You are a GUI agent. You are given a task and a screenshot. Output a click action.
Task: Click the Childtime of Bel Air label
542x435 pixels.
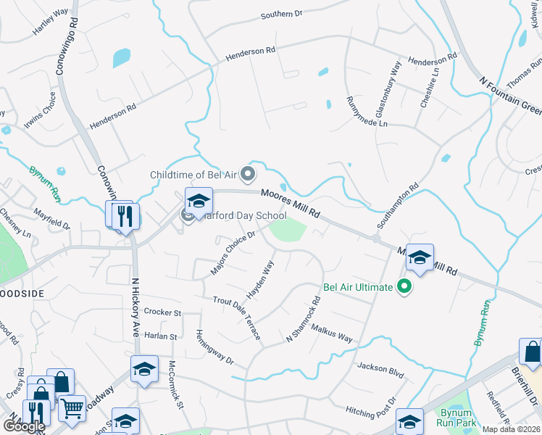click(x=193, y=175)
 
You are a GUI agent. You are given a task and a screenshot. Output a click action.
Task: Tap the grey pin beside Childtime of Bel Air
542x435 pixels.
click(x=249, y=173)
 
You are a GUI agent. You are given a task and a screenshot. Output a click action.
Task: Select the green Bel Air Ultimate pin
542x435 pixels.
click(x=404, y=288)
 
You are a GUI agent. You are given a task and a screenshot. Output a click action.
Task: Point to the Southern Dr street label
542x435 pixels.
click(x=281, y=14)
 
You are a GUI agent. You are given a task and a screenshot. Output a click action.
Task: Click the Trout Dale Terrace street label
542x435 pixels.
click(x=237, y=320)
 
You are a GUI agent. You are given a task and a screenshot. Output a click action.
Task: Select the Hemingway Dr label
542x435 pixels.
click(x=214, y=347)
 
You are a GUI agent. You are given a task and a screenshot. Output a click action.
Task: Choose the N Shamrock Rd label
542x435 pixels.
click(x=303, y=320)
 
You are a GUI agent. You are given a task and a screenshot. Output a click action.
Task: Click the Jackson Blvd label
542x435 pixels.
click(x=380, y=368)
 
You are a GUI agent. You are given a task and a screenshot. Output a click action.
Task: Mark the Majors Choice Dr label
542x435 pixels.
click(x=233, y=252)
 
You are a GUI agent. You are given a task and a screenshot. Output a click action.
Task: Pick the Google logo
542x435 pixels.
click(x=24, y=426)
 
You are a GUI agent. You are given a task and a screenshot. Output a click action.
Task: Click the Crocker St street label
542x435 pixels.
click(x=162, y=312)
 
